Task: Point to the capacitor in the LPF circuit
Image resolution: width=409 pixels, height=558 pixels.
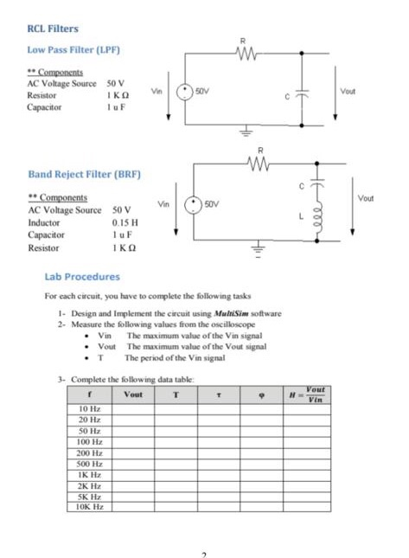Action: pyautogui.click(x=302, y=94)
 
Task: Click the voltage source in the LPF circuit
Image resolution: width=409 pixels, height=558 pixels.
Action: pyautogui.click(x=185, y=91)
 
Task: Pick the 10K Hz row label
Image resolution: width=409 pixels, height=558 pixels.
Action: pyautogui.click(x=91, y=506)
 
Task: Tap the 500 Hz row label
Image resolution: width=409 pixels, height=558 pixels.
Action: pyautogui.click(x=91, y=463)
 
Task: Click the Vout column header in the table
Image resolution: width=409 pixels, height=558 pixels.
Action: pyautogui.click(x=133, y=394)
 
